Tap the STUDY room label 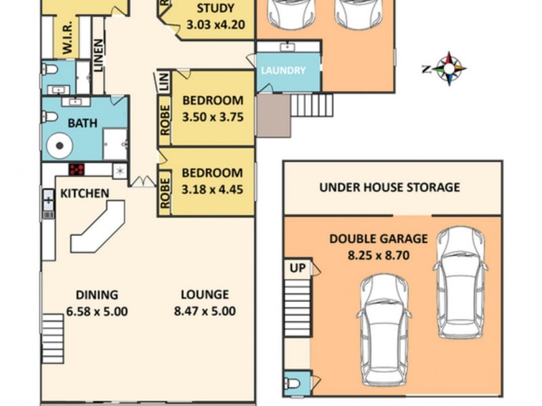pos(215,9)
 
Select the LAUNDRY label pos(283,70)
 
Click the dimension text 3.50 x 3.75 pos(212,117)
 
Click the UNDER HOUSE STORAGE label pos(390,187)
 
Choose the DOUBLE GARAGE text pos(378,239)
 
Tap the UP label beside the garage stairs pos(297,268)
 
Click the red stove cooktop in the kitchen pos(77,170)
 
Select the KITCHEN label pos(85,194)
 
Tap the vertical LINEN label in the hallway pos(99,54)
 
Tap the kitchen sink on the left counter pos(49,201)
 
